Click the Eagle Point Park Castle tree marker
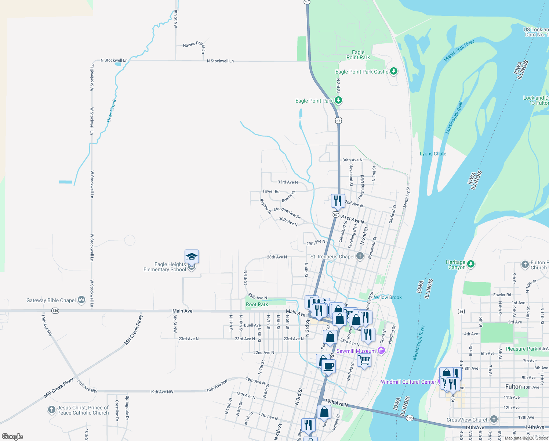394,71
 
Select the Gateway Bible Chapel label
51,300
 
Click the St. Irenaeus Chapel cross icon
360,256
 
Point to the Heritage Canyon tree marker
471,264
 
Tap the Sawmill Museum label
356,351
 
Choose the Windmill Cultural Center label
408,382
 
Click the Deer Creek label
112,111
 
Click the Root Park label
257,304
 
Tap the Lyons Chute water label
433,154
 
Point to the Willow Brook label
388,297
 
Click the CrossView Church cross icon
494,419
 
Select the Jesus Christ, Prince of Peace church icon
52,410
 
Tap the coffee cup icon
328,366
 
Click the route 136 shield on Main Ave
55,311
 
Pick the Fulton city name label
513,387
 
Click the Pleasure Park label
521,349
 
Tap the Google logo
12,437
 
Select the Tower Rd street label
271,191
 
